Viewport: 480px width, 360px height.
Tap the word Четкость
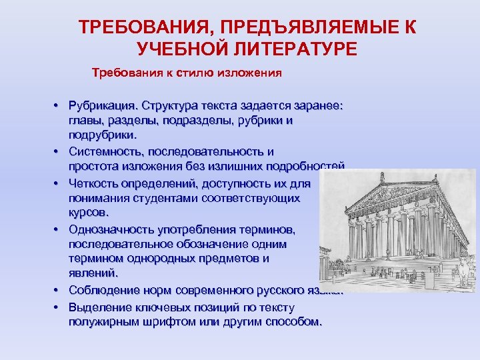[x=94, y=183]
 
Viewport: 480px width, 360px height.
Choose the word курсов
[x=87, y=213]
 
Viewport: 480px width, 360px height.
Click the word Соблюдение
[x=101, y=290]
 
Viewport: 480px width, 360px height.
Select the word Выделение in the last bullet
[x=100, y=307]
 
